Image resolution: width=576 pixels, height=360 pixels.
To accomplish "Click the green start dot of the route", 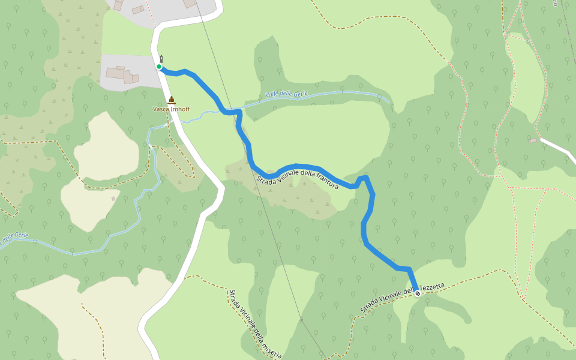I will tap(159, 67).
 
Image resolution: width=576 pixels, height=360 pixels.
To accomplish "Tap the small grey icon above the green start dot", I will tap(161, 58).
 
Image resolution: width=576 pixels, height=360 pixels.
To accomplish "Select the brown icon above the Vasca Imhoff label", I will tap(172, 100).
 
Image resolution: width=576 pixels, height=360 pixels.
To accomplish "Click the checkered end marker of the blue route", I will tap(418, 293).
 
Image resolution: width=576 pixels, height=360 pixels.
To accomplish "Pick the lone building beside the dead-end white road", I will tap(533, 140).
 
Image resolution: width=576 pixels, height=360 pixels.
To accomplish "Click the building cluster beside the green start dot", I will tap(122, 75).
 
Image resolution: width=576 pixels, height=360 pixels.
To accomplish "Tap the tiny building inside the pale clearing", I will tap(113, 198).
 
